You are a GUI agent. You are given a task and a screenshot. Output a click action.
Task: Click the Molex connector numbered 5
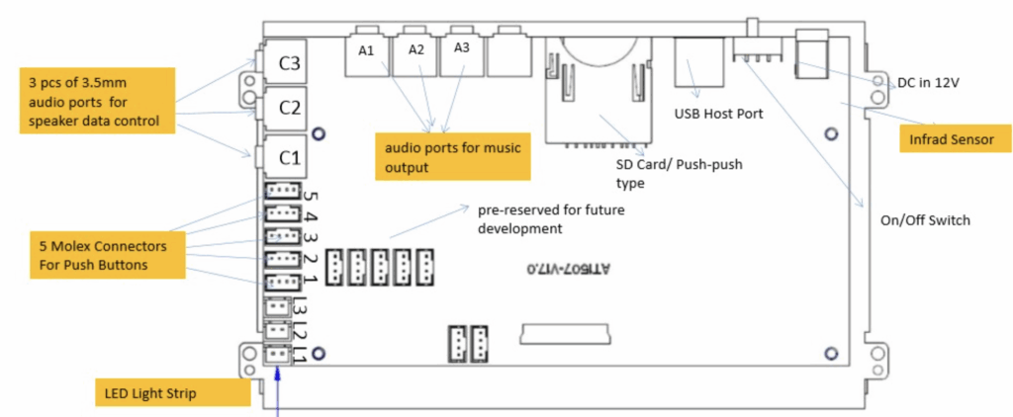281,192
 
